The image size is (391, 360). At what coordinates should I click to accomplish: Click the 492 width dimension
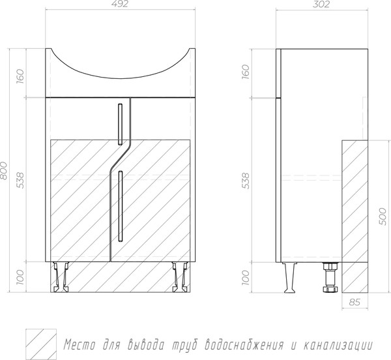tap(120, 4)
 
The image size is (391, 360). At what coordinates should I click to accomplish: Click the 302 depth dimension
tap(321, 4)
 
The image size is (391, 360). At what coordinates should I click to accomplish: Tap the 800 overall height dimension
tap(4, 171)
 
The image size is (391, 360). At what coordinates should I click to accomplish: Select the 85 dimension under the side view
tap(355, 302)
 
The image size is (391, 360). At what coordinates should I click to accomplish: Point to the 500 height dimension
tap(383, 217)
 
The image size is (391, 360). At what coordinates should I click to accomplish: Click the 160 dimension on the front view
tap(20, 76)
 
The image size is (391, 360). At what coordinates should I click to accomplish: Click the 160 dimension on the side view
tap(246, 72)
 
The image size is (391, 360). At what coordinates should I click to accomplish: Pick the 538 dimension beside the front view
tap(20, 180)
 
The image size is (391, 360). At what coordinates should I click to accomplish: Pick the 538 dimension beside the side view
tap(246, 181)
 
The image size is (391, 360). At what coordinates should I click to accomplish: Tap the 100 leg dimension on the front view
tap(20, 277)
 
